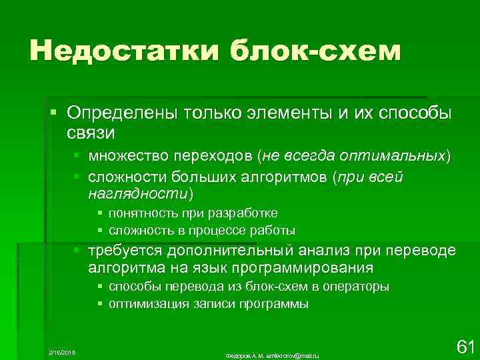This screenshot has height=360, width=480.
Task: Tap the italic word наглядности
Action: click(x=137, y=193)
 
